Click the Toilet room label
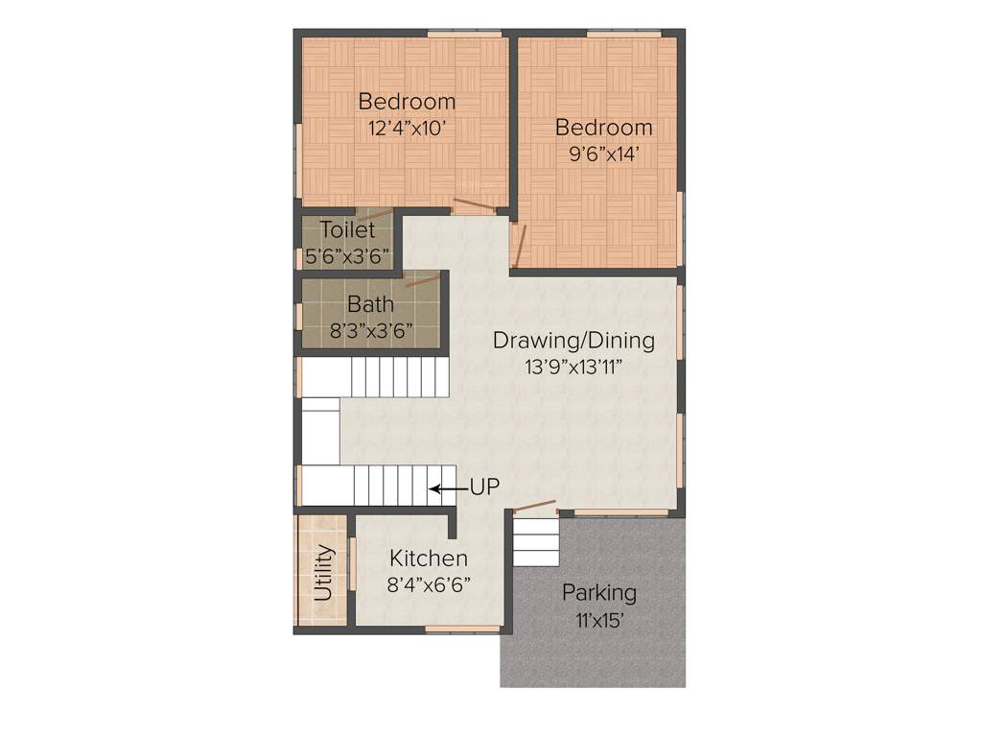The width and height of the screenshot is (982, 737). click(x=347, y=230)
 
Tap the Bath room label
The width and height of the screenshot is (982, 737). click(x=370, y=305)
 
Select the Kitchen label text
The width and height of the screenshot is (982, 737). click(x=429, y=559)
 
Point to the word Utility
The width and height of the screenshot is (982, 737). click(x=324, y=573)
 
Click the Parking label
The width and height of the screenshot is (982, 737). click(x=598, y=592)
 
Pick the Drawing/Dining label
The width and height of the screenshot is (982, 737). click(x=573, y=340)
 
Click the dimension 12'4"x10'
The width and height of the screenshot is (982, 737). click(x=408, y=129)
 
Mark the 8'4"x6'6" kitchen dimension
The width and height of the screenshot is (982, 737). click(x=429, y=583)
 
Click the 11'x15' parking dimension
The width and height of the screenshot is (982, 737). click(x=598, y=620)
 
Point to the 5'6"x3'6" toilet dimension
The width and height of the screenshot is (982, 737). click(x=347, y=257)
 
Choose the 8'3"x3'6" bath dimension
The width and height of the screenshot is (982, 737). click(x=370, y=332)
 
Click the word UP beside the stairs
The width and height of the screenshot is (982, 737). click(x=484, y=487)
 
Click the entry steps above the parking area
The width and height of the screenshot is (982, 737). click(x=536, y=541)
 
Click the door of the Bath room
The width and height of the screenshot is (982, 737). click(x=422, y=280)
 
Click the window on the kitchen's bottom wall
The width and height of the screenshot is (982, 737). click(x=463, y=630)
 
